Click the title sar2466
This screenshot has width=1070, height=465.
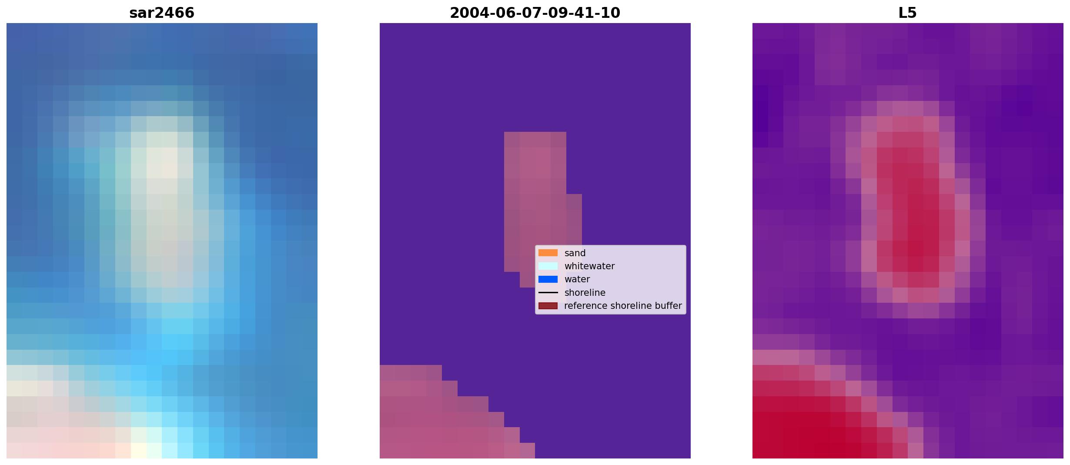coord(162,13)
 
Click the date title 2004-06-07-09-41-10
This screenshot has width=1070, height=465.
coord(535,13)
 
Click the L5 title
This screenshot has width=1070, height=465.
coord(908,13)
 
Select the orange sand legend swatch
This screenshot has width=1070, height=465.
coord(548,253)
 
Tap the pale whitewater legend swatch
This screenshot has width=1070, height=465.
coord(548,266)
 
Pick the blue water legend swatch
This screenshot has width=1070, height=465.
coord(548,279)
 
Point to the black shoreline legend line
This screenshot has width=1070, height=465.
coord(548,293)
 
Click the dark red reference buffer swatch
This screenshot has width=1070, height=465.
coord(548,306)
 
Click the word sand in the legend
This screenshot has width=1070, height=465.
coord(575,253)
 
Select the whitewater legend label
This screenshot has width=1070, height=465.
coord(589,266)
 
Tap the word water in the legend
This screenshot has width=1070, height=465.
coord(577,279)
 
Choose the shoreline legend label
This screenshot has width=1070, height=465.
coord(585,293)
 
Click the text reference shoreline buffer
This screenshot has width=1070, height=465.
coord(623,306)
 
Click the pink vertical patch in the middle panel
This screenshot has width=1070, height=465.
coord(537,204)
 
